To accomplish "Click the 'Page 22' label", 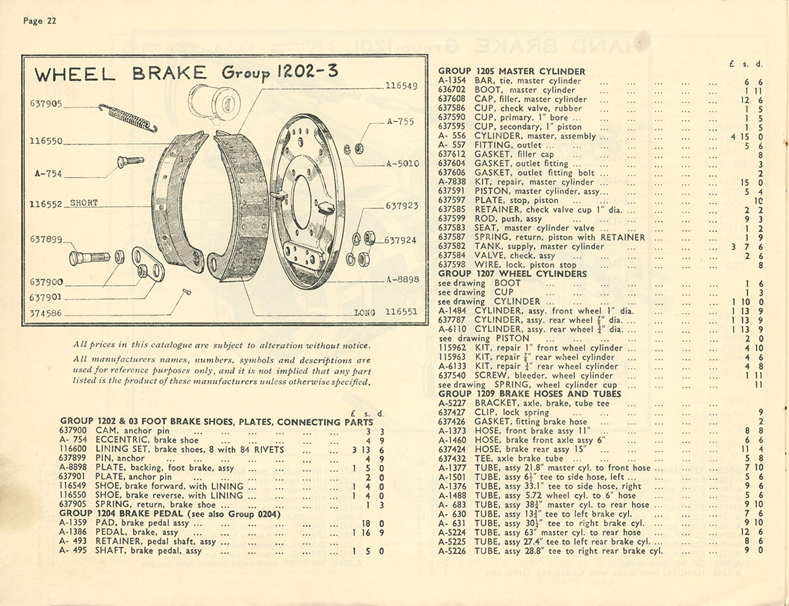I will tap(40, 21).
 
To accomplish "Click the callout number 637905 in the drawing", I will tap(46, 103).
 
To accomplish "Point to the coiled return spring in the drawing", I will tap(128, 118).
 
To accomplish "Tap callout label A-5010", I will tap(402, 164).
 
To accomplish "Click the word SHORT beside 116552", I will tap(84, 203).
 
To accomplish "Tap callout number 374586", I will tap(46, 314).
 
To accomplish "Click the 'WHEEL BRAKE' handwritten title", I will tap(120, 74).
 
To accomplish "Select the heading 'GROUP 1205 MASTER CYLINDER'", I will tap(512, 71).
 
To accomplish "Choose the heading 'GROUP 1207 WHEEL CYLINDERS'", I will tap(512, 273).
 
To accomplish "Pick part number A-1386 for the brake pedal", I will tap(74, 532).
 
